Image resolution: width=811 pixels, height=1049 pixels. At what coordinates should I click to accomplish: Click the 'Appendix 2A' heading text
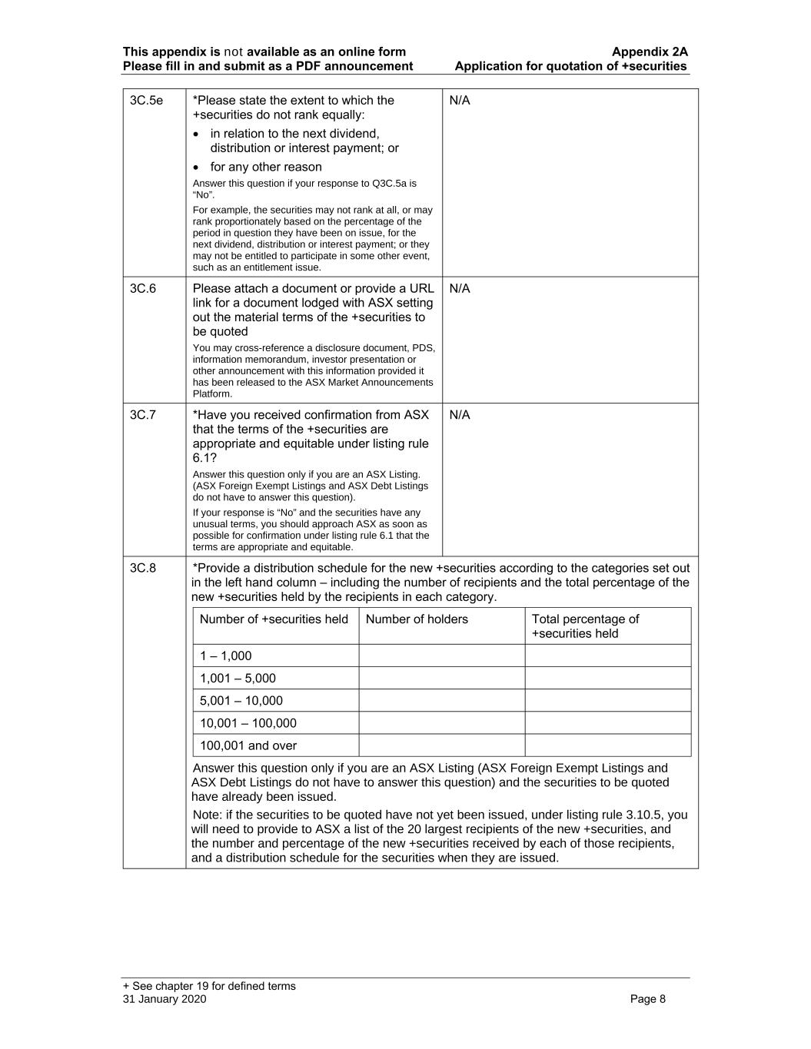point(650,51)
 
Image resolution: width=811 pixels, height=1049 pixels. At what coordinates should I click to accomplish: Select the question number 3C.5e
point(146,100)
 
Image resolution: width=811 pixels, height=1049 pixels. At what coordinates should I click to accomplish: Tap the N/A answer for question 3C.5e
point(459,100)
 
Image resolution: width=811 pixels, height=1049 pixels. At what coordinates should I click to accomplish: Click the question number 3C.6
point(143,288)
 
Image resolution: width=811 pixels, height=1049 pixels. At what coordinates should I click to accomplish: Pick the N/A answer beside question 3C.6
point(459,288)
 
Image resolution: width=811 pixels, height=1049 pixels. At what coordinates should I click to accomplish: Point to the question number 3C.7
point(143,415)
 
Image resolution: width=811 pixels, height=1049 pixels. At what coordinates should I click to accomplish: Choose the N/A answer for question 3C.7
point(459,415)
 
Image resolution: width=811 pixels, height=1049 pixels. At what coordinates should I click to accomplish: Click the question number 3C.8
point(143,568)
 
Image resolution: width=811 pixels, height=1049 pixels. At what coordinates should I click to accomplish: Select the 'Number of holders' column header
point(417,619)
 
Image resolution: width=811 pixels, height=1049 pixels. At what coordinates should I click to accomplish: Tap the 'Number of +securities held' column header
point(274,619)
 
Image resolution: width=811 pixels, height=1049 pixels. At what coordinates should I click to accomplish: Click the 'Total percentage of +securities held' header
point(585,626)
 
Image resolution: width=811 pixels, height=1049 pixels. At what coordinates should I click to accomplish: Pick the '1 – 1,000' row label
point(225,656)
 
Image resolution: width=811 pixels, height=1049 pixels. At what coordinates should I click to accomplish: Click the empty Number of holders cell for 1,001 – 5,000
point(441,678)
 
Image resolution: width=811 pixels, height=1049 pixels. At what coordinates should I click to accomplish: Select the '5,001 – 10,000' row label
point(241,700)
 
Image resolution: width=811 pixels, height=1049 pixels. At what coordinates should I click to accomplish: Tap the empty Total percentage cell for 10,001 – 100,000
point(607,722)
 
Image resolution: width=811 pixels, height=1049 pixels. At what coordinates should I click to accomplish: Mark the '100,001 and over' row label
point(248,745)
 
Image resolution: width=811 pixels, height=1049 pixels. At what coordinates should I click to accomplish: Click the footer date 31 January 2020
point(165,999)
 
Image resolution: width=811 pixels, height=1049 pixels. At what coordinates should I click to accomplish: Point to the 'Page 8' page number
point(647,999)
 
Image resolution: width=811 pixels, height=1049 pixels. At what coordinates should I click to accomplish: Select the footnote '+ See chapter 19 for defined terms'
point(209,986)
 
